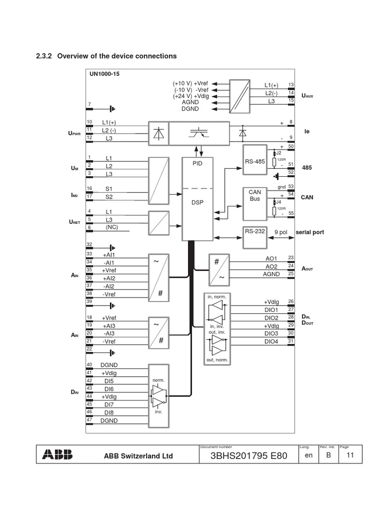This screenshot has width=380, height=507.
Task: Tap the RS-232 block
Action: point(254,231)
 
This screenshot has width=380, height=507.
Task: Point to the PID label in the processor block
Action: point(198,162)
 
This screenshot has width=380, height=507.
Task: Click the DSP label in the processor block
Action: point(198,203)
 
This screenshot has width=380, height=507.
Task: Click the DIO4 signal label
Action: point(271,342)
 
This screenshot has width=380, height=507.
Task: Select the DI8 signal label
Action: point(108,412)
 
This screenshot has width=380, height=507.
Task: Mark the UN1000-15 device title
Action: point(104,74)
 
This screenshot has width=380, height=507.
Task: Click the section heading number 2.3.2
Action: point(45,56)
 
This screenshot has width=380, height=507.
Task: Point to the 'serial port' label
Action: point(310,232)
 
